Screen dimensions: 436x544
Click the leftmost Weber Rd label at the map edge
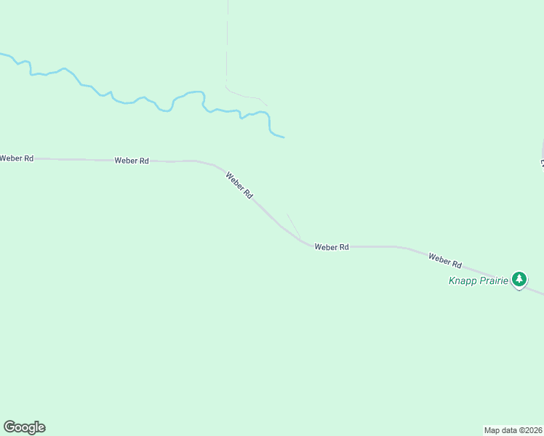(x=16, y=158)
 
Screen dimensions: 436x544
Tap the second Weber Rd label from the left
(x=132, y=161)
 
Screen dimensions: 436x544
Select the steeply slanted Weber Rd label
(x=239, y=185)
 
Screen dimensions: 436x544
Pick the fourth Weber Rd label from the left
(x=332, y=247)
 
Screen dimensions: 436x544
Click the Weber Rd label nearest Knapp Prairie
(x=445, y=259)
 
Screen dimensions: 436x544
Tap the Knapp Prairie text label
(x=478, y=280)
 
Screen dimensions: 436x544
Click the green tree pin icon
(x=519, y=279)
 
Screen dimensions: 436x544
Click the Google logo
(x=24, y=427)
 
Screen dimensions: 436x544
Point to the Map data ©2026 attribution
(x=513, y=429)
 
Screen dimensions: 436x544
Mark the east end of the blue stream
(x=283, y=137)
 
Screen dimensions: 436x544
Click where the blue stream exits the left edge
(x=2, y=54)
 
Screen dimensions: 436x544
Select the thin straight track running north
(x=227, y=44)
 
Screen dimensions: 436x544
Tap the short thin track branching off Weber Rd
(x=293, y=225)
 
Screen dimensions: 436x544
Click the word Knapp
(x=463, y=280)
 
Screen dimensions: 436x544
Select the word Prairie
(x=494, y=280)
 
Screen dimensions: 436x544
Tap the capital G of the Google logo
(x=9, y=427)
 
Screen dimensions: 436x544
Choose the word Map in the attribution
(x=492, y=429)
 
